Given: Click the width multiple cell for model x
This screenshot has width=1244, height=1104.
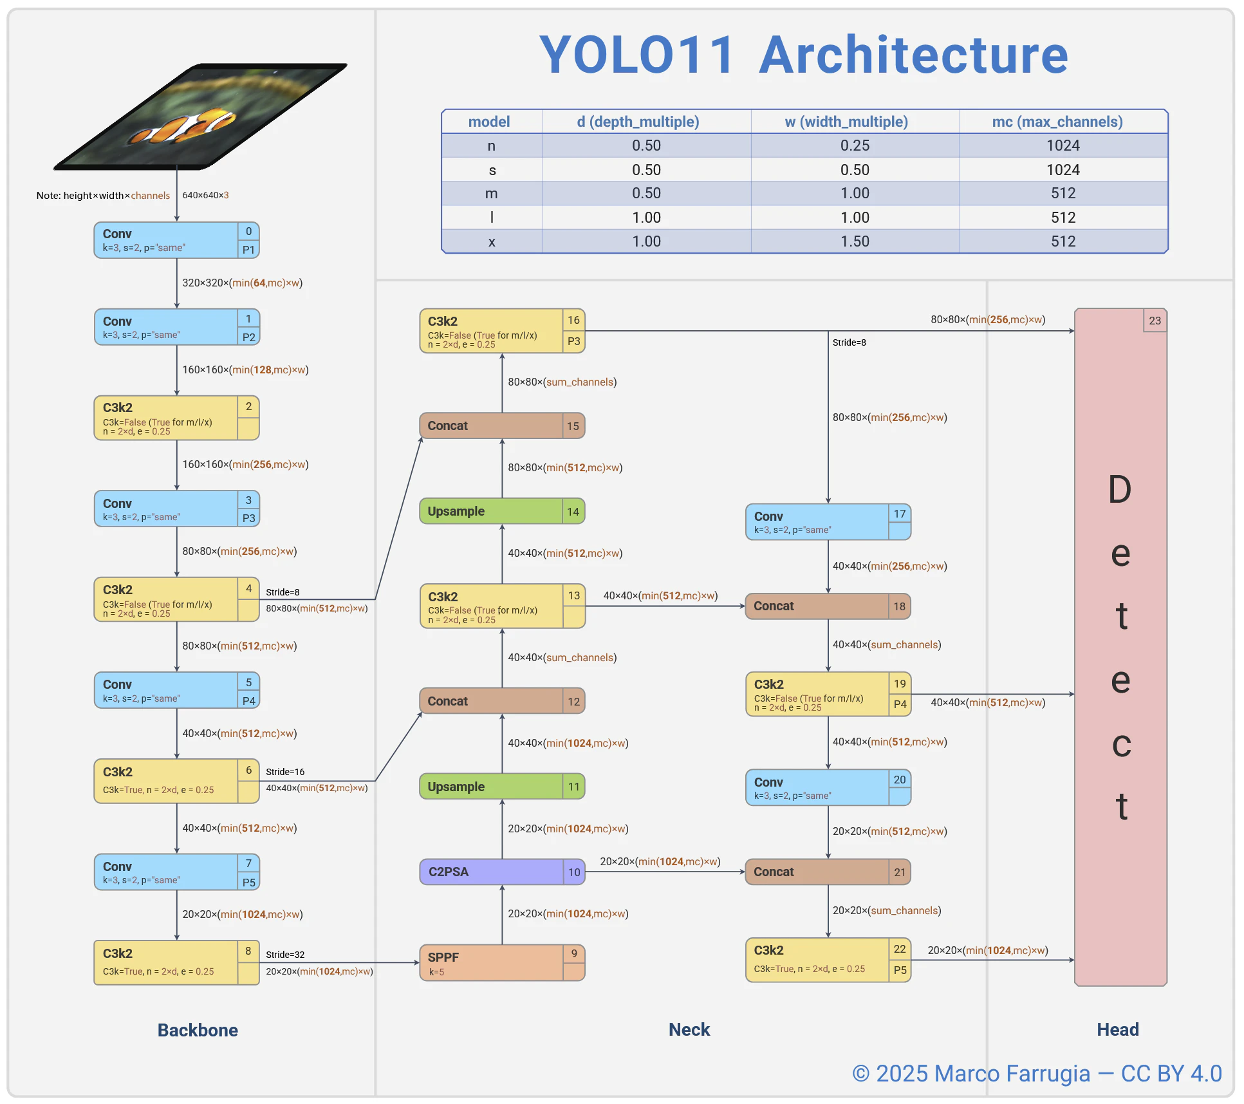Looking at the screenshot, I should point(855,241).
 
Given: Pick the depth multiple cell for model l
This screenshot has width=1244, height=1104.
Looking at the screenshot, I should point(646,218).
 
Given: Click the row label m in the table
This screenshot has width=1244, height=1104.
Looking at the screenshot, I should point(492,193).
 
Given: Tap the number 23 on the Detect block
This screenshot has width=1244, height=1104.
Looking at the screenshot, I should point(1155,320).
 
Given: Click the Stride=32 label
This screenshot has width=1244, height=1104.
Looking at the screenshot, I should point(285,954).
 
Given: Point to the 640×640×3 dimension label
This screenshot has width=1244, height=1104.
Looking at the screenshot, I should point(205,195).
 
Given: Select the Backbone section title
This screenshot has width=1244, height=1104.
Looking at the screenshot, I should point(198,1030).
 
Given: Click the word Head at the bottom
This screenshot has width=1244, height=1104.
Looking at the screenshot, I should point(1118,1029).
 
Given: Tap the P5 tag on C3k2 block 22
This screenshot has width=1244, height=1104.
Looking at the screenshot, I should point(900,969).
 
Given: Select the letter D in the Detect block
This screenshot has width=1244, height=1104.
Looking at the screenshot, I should point(1120,489).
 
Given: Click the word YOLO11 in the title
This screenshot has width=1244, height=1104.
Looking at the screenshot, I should point(636,55).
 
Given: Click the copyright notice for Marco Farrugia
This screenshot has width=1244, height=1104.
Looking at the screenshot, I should point(1036,1073).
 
